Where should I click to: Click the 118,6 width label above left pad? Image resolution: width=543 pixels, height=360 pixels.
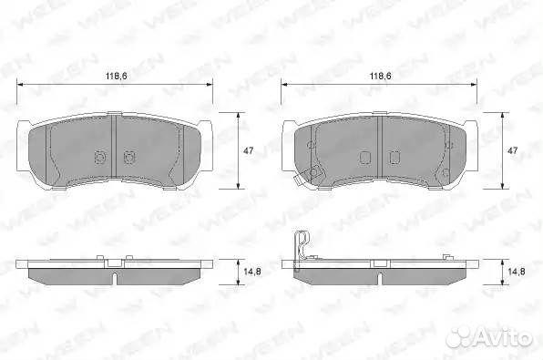point(117,76)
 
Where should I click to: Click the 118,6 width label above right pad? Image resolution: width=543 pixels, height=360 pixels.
point(381,76)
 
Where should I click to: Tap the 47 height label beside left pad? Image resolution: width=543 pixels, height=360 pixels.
point(249,150)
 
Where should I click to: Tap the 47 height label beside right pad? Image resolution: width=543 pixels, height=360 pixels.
point(512,150)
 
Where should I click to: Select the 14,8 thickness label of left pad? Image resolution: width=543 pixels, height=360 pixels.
point(252,272)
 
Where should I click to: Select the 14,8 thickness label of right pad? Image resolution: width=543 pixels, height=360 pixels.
point(516,272)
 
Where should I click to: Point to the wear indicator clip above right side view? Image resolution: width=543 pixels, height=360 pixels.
point(302,247)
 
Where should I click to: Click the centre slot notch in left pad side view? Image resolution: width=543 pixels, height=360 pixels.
point(116,278)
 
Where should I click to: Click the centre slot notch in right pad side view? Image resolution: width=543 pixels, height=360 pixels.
point(380,278)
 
